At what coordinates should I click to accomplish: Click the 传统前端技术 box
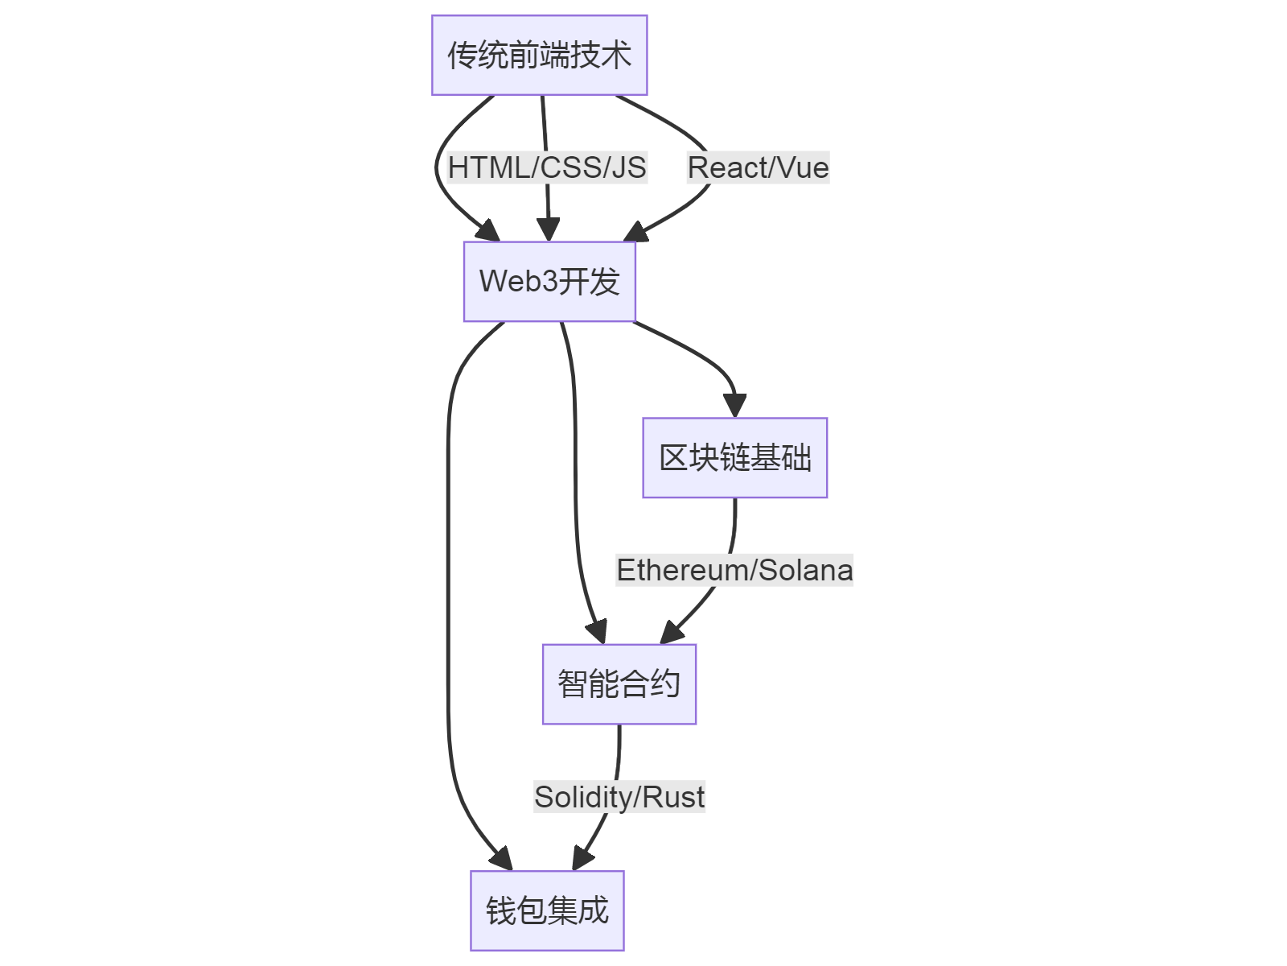tap(539, 56)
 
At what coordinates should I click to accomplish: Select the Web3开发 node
tap(549, 282)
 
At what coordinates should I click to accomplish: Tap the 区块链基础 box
tap(734, 458)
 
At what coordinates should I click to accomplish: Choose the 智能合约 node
tap(619, 684)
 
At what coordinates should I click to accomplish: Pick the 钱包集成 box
tap(547, 910)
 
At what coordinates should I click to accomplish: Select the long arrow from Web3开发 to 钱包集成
tap(449, 604)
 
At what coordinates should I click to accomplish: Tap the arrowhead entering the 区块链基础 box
tap(734, 405)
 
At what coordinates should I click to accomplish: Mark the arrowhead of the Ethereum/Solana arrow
tap(672, 633)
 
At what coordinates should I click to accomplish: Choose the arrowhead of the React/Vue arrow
tap(635, 232)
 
